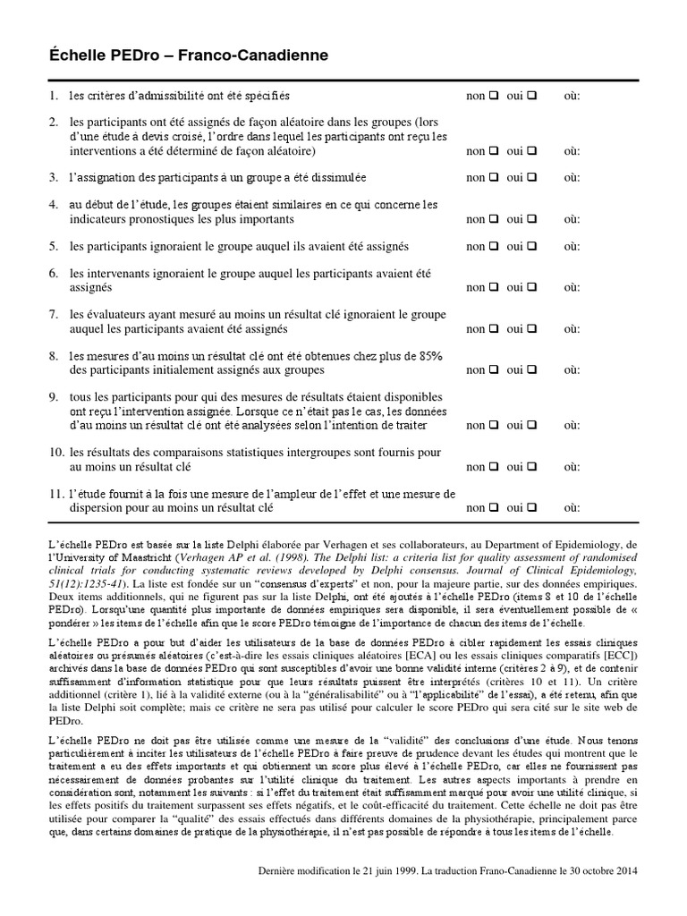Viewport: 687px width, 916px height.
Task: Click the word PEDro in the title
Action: pos(114,56)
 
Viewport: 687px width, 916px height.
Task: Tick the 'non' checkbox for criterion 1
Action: pos(491,96)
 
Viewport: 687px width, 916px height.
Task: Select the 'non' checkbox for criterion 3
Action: pos(491,178)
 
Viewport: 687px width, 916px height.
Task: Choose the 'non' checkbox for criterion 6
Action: pos(491,287)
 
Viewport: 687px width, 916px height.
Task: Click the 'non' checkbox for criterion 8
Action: pos(491,369)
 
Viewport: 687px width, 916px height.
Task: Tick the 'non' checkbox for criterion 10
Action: pos(491,466)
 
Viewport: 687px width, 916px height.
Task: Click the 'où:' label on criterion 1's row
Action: pos(572,96)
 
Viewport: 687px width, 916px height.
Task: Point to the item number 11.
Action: pos(56,494)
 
